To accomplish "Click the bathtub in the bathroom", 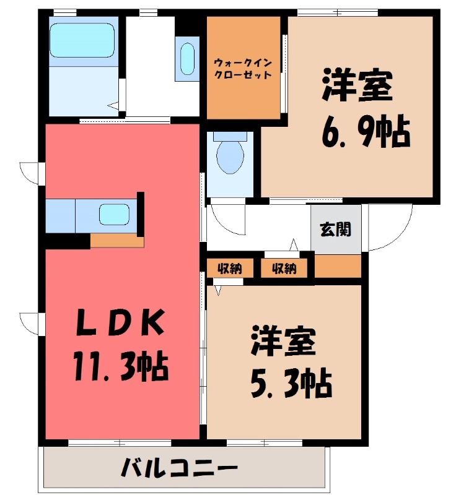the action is click(82, 40).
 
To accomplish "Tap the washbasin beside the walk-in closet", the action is click(187, 59).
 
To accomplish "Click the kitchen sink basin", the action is click(114, 215).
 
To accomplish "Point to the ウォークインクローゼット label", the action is click(243, 69).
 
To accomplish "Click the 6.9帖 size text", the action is click(366, 132).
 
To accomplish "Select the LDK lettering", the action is click(120, 322).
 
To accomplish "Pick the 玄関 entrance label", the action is click(336, 229).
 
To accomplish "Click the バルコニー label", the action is click(179, 468).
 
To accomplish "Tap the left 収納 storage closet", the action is click(230, 269).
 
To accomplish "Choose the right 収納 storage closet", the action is click(284, 269).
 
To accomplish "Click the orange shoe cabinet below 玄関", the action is click(338, 266).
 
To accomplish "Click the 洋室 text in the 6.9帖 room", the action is click(357, 86).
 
